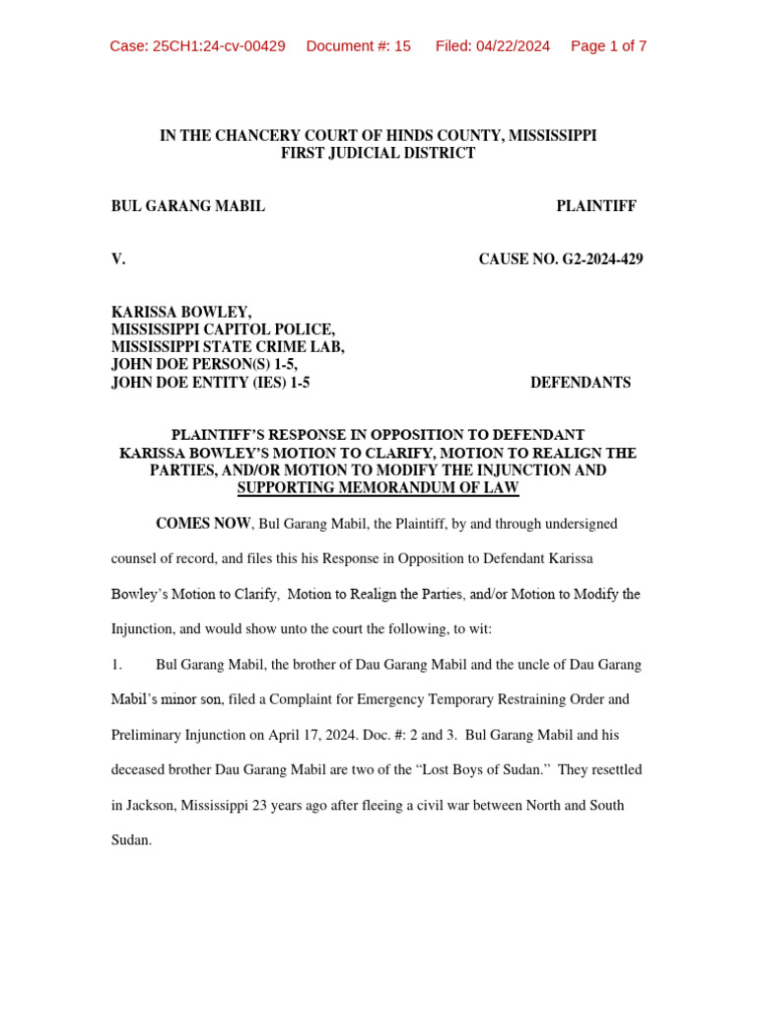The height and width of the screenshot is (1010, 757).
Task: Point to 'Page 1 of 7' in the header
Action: pyautogui.click(x=608, y=46)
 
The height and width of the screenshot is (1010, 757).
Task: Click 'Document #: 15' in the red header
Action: pyautogui.click(x=358, y=46)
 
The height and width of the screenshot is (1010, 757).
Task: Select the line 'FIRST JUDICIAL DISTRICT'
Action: pyautogui.click(x=378, y=153)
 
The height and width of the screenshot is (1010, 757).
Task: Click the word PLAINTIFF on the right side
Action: pyautogui.click(x=595, y=206)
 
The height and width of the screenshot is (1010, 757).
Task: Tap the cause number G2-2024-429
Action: pyautogui.click(x=596, y=259)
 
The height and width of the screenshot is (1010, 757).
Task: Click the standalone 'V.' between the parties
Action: pyautogui.click(x=118, y=259)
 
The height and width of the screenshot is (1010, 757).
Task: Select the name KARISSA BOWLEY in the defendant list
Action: pyautogui.click(x=181, y=313)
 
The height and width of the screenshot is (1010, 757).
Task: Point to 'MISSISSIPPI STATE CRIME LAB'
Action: pyautogui.click(x=228, y=347)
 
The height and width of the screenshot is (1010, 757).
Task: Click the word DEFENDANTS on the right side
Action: pyautogui.click(x=581, y=383)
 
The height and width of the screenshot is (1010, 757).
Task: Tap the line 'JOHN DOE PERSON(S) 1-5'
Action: pyautogui.click(x=204, y=365)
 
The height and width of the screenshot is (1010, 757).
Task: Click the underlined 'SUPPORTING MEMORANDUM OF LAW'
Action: pyautogui.click(x=378, y=488)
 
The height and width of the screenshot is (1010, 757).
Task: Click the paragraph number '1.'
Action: pyautogui.click(x=116, y=665)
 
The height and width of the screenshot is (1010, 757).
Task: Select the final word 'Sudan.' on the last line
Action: pyautogui.click(x=131, y=840)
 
